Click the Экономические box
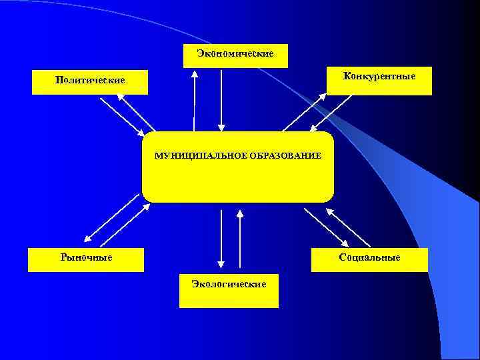[235, 55]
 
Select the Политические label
[90, 81]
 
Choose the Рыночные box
[86, 258]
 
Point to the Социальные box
[369, 259]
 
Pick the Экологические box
[229, 289]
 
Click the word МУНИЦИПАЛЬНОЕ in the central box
[198, 155]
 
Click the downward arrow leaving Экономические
[222, 99]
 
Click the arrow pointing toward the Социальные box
[326, 227]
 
